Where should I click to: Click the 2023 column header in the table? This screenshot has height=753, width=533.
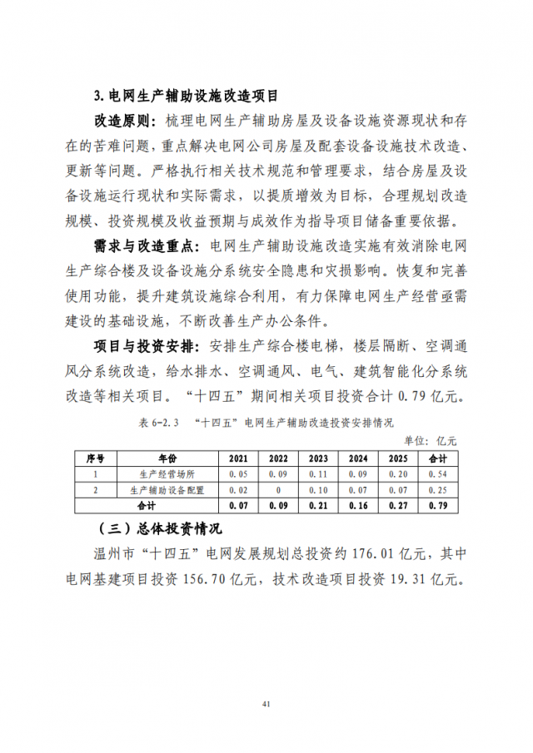coord(318,458)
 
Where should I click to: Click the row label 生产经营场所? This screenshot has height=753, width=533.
coord(167,473)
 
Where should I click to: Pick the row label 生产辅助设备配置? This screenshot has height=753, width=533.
coord(167,489)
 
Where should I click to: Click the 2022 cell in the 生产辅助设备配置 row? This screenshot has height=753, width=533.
coord(278,489)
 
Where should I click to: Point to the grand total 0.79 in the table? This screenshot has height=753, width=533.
coord(438,504)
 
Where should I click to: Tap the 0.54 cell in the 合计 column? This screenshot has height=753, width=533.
coord(438,473)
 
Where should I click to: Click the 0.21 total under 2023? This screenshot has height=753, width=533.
coord(318,504)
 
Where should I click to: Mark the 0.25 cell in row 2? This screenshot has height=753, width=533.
coord(438,489)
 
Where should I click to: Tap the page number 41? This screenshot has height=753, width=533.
coord(266,705)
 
